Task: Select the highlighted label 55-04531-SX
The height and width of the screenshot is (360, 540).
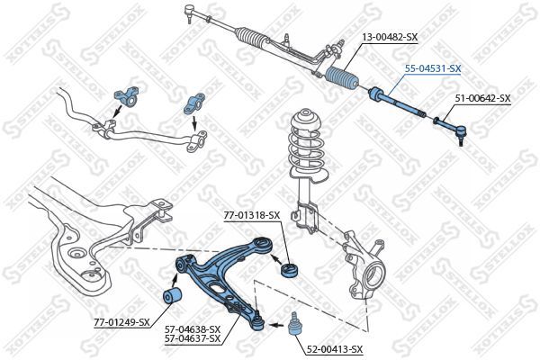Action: [x=432, y=68]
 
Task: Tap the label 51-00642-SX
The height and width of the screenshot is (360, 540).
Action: [x=481, y=98]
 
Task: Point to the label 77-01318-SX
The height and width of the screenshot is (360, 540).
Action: [x=252, y=215]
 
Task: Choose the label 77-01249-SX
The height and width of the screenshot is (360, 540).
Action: [x=121, y=321]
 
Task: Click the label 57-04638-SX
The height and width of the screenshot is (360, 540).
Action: [x=192, y=330]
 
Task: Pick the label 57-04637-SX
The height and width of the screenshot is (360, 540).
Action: [x=192, y=340]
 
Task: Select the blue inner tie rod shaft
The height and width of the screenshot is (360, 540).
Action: [x=400, y=102]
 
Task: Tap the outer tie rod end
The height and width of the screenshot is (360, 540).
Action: [x=454, y=129]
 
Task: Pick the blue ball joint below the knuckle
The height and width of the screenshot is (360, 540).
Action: [x=294, y=325]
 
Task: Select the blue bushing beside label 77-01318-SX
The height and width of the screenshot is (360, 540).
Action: [x=291, y=269]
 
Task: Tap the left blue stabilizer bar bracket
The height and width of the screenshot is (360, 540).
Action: [x=124, y=96]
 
